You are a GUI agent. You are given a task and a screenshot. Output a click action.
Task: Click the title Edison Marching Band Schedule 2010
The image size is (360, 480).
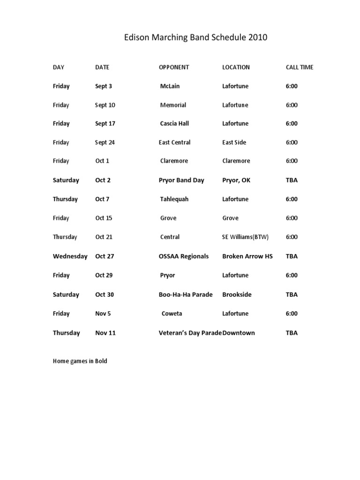coord(195,38)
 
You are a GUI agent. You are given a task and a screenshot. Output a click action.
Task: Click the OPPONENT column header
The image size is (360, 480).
coord(174,67)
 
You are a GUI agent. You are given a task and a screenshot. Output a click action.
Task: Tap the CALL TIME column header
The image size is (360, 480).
coord(300,67)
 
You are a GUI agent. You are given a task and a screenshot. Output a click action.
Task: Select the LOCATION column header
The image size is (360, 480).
coord(236,67)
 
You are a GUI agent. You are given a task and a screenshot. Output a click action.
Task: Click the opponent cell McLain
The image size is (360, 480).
coord(170,86)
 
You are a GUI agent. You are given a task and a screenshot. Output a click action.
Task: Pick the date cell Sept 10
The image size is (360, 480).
coord(105,105)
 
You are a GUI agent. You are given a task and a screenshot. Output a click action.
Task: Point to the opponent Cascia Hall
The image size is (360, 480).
coord(174,124)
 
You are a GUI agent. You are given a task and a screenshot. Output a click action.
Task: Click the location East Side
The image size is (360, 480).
coord(234,142)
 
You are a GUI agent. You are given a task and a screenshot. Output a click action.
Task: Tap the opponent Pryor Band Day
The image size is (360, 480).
coord(181,180)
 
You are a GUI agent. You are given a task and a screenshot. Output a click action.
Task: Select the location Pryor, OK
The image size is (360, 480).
coord(236,180)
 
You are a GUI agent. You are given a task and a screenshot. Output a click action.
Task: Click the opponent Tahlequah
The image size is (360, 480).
coord(174,199)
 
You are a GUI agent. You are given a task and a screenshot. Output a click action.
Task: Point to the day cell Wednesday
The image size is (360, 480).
coord(70,256)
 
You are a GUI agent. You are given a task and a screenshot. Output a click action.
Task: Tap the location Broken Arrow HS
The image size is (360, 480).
coord(247,256)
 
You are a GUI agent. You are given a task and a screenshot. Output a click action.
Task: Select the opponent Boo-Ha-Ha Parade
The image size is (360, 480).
coord(186,295)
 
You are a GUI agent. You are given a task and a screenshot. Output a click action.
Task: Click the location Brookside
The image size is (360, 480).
coord(237,295)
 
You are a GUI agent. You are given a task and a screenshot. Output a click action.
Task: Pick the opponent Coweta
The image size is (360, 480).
coord(172,314)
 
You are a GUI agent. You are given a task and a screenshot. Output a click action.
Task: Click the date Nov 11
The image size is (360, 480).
coord(105,333)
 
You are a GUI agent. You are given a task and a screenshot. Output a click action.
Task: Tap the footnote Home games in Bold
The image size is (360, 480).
coord(80,361)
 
